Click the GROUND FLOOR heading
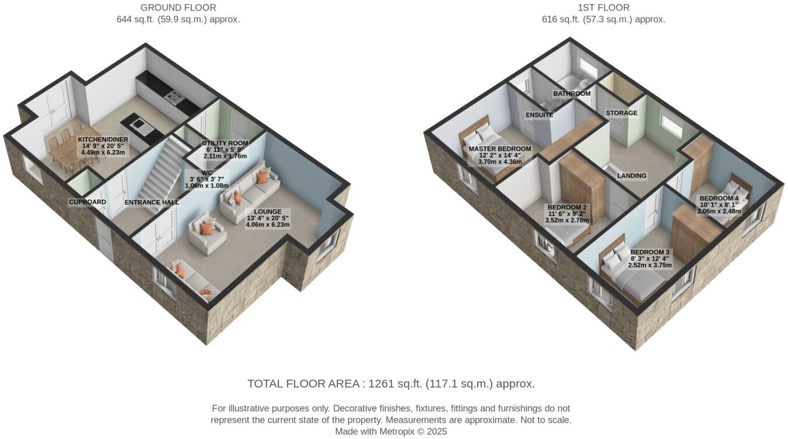[x=178, y=8]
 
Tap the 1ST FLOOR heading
[x=603, y=8]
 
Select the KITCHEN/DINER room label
[x=103, y=140]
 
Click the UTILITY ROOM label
[x=225, y=143]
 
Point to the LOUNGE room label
[x=268, y=211]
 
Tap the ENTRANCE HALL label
[x=152, y=203]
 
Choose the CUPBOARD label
[x=87, y=202]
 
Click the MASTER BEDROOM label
[x=500, y=149]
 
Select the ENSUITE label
[x=539, y=115]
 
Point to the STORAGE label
[x=621, y=113]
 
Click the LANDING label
[x=632, y=175]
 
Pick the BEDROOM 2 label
[x=567, y=207]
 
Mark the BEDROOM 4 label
[x=719, y=198]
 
